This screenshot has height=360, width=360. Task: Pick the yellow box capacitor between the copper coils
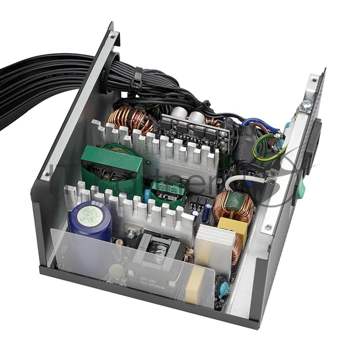point(233,227)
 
